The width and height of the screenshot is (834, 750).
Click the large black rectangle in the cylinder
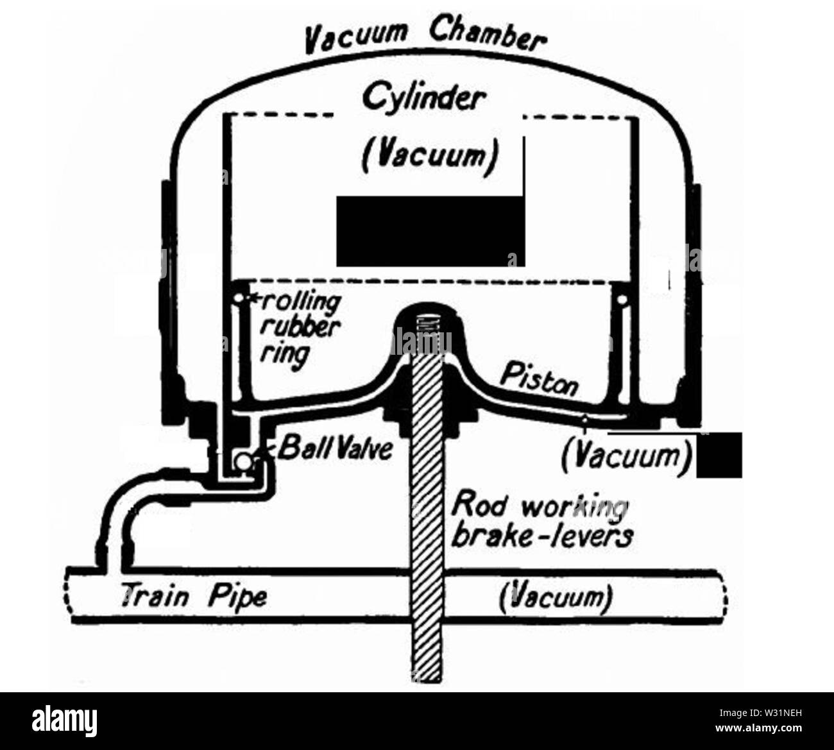pos(430,231)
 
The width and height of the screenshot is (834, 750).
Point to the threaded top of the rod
pos(425,327)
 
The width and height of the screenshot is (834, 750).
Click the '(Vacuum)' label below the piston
pos(627,455)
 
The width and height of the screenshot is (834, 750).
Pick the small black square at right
pos(719,455)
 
